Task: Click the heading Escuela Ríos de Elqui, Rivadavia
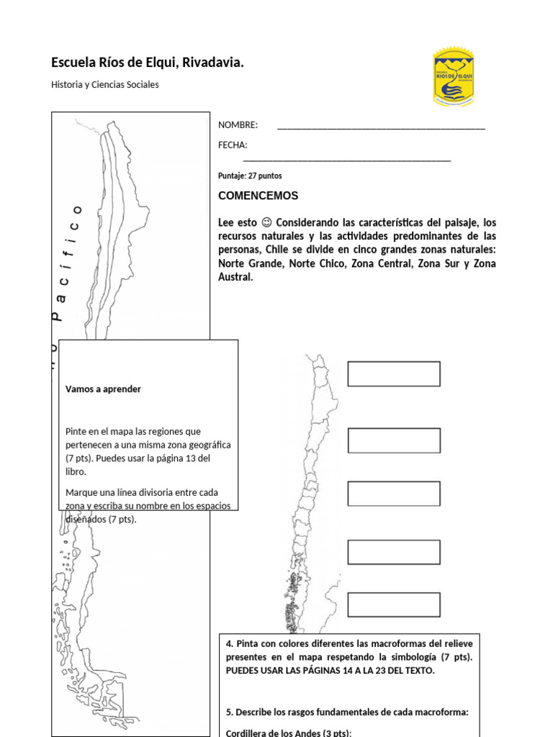(148, 63)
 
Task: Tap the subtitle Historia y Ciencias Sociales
(105, 84)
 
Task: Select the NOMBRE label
(238, 125)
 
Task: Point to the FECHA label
(233, 145)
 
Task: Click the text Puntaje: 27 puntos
(250, 176)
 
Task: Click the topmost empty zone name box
(394, 374)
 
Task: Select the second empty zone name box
(394, 440)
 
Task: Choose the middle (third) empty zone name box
(394, 494)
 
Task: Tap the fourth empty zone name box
(394, 552)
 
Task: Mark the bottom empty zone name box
(394, 605)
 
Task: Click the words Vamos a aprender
(103, 389)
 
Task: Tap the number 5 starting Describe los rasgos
(228, 713)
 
